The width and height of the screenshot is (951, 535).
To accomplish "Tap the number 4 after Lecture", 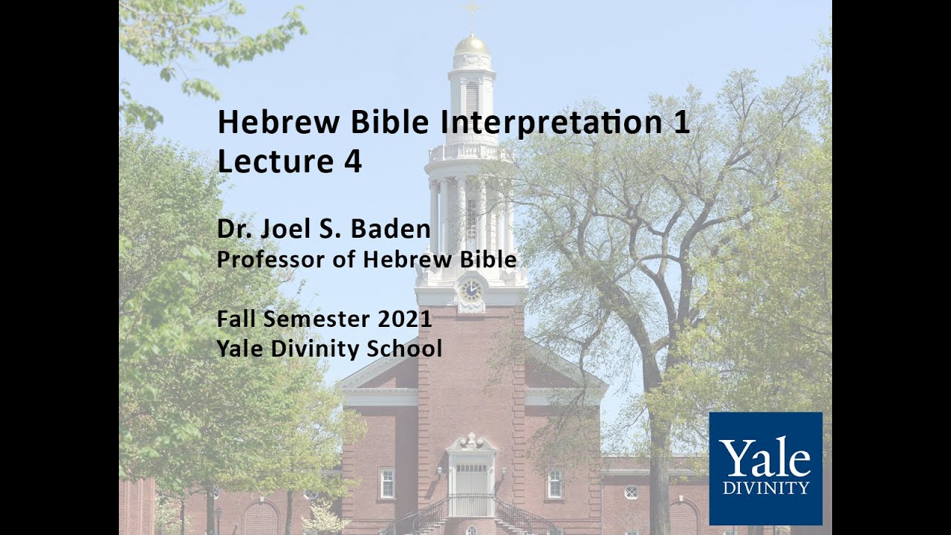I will coord(352,162).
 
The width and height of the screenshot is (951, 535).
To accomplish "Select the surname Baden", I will coord(392,230).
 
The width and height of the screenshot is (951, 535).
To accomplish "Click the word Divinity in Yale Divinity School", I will coord(310,348).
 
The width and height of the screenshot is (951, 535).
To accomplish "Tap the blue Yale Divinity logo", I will coord(765,468).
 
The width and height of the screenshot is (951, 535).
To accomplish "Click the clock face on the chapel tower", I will coord(470,289).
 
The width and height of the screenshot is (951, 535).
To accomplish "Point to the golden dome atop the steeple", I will coord(472,45).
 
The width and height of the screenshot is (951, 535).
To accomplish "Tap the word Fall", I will coord(237,319).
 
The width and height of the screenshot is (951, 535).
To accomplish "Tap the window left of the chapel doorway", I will coord(386,483).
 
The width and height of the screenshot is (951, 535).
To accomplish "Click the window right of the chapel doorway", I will coord(554,483).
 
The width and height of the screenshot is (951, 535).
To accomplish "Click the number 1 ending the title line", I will coord(681,123).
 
